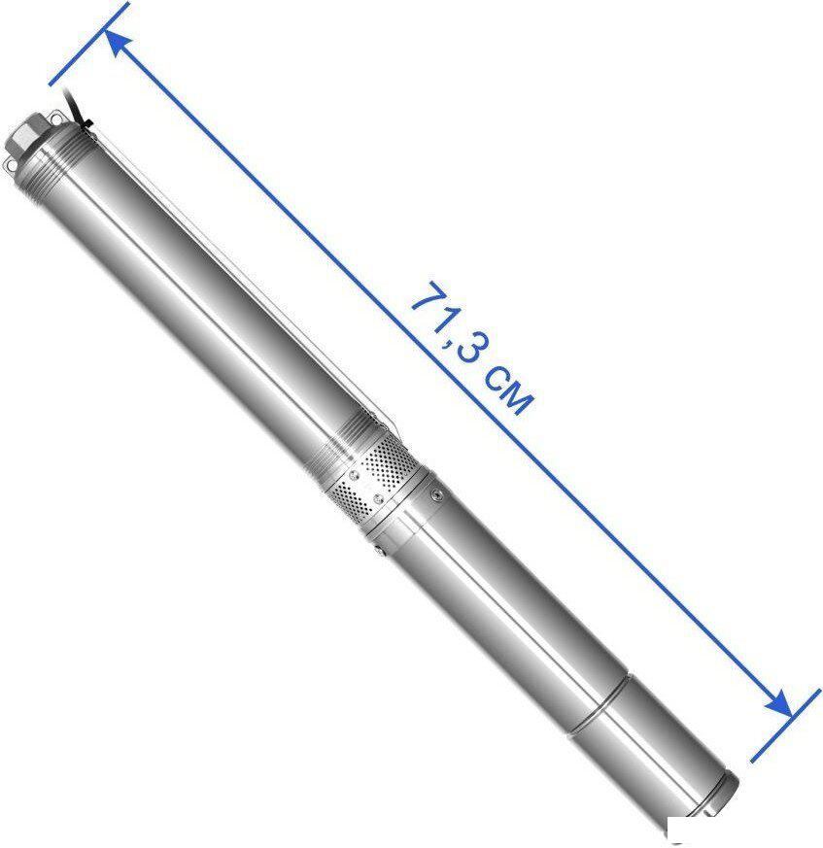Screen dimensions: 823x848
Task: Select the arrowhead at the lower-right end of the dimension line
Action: (778, 703)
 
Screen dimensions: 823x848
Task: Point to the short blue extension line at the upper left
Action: (89, 44)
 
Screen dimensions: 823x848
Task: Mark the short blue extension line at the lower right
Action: (785, 726)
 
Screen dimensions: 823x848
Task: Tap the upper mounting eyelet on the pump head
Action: (56, 116)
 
